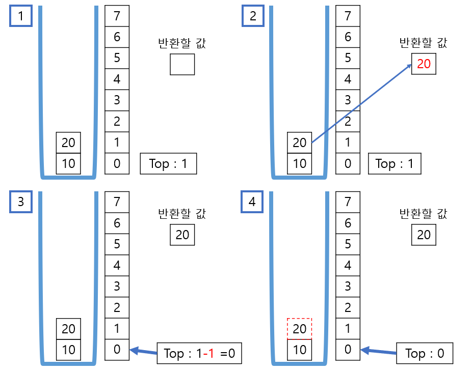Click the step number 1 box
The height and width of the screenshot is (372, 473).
pos(20,16)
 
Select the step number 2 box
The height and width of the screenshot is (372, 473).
pos(253,16)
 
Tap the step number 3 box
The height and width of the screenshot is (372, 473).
pos(20,202)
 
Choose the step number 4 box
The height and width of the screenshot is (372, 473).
pos(253,202)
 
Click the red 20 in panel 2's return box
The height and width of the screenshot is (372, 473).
pos(424,64)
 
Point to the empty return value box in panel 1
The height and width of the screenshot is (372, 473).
pos(182,64)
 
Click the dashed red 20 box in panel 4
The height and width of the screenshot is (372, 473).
pos(300,329)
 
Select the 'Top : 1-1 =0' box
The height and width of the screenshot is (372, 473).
pos(199,354)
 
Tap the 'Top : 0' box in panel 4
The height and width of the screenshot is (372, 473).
pos(424,354)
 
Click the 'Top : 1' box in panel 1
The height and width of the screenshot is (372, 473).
pos(168,164)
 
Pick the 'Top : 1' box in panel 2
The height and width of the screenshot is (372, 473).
pos(395,164)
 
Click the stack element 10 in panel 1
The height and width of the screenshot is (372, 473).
pos(68,164)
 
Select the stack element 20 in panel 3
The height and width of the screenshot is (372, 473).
pos(68,329)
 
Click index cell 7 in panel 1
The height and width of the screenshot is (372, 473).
pos(117,16)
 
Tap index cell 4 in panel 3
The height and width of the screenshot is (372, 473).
pos(117,265)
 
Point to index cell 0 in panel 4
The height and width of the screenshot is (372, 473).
pos(348,350)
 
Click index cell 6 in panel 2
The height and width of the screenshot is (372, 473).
pos(348,37)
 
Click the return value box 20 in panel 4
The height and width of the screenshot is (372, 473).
pos(424,235)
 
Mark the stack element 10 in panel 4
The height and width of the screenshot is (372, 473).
pos(300,350)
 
